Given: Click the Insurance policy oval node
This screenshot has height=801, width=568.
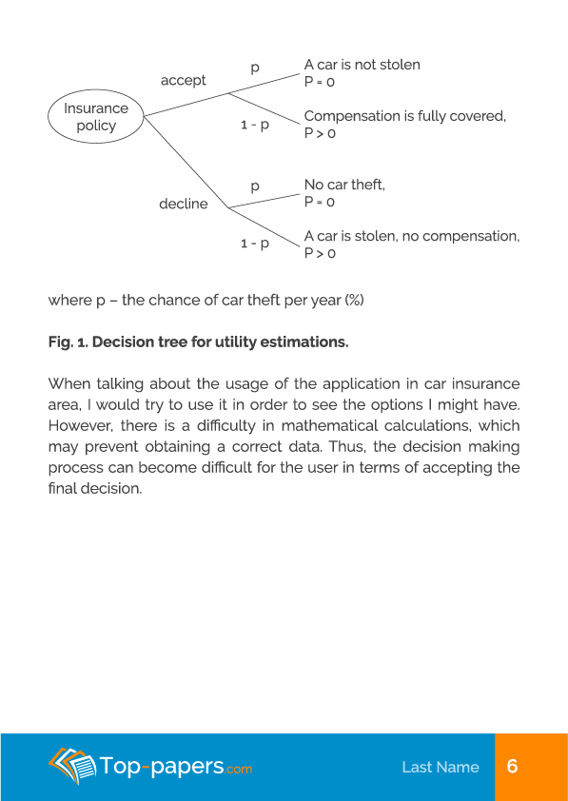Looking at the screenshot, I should click(x=95, y=117).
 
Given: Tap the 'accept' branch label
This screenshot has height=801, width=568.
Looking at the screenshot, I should click(x=184, y=81).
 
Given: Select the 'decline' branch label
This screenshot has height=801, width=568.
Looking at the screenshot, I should click(x=183, y=204).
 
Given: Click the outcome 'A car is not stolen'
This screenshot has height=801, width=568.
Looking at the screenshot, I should click(x=362, y=65).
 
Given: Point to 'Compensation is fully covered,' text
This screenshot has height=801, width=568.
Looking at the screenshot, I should click(x=404, y=116).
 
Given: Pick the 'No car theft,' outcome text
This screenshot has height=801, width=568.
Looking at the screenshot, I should click(x=344, y=185).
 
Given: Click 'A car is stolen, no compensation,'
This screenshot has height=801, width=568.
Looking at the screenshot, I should click(x=411, y=236).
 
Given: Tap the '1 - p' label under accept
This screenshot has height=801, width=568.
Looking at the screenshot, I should click(x=254, y=125).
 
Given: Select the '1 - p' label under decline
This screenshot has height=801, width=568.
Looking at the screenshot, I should click(x=254, y=244).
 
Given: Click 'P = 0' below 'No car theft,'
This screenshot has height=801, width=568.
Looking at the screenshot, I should click(x=320, y=202).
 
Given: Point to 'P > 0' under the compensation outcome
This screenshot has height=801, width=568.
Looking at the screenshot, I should click(x=320, y=133).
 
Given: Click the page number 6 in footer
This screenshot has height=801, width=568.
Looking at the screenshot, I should click(x=512, y=767).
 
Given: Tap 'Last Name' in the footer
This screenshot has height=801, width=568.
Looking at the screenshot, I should click(x=440, y=767).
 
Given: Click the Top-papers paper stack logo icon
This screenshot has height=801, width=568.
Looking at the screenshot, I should click(x=72, y=765).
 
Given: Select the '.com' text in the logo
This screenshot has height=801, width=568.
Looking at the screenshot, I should click(x=239, y=769).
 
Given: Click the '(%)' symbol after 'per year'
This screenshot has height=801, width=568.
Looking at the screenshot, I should click(x=354, y=300).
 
